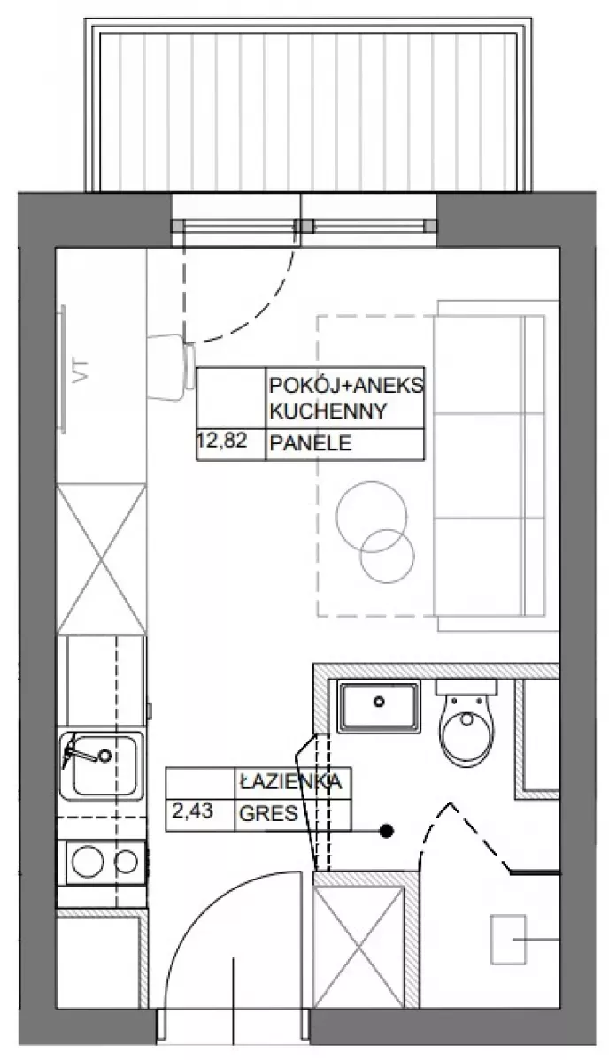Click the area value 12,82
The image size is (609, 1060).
click(220, 442)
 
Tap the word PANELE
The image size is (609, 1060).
click(311, 443)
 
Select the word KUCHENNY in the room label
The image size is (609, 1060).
click(328, 411)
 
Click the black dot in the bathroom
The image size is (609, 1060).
click(388, 830)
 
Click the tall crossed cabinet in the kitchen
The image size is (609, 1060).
click(102, 559)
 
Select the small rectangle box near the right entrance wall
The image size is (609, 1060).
click(508, 939)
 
